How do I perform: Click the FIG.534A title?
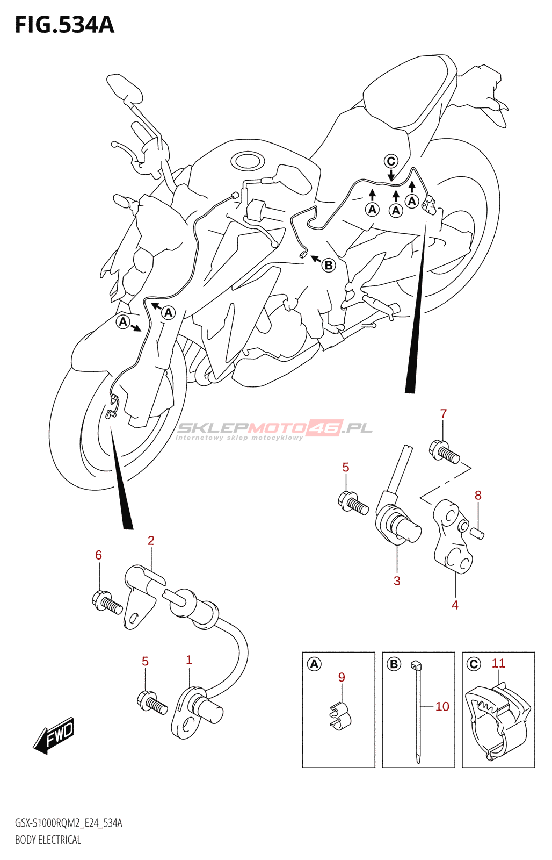coord(64,25)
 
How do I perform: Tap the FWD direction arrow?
coord(54,735)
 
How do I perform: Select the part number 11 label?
coord(498,663)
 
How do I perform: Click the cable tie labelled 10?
coord(418,709)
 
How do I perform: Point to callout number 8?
coord(478,496)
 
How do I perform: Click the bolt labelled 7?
coord(445,453)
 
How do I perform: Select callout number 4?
coord(455,605)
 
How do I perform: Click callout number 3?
coord(397,581)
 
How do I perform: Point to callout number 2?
coord(151,541)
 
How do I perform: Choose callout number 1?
coord(189,660)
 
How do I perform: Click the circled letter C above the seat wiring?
coord(391,161)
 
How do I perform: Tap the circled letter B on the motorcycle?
coord(329,265)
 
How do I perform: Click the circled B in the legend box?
coord(394,664)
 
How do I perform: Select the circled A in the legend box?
coord(314,664)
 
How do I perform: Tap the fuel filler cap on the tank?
coord(248,160)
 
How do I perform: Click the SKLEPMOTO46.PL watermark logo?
coord(274,429)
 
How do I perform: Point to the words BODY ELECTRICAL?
coord(48,840)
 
